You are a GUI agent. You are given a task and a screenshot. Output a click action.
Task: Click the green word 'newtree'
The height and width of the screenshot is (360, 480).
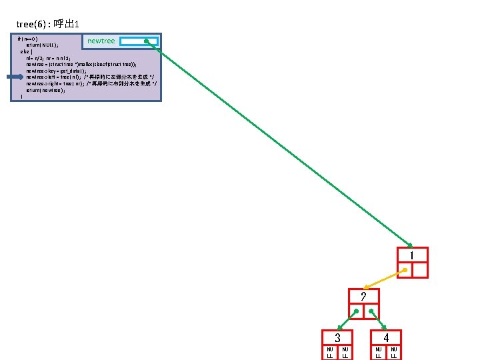click(101, 41)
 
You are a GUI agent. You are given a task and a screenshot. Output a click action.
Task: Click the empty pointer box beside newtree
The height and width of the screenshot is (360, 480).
click(139, 41)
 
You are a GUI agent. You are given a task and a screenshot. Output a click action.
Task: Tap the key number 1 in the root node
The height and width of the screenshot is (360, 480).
click(412, 255)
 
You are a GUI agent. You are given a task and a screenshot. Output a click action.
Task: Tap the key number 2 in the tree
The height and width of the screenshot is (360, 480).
click(363, 297)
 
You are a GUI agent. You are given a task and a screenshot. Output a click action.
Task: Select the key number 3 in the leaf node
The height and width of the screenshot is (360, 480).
click(337, 338)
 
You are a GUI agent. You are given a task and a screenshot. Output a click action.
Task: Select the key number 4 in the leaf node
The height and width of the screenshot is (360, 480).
click(386, 338)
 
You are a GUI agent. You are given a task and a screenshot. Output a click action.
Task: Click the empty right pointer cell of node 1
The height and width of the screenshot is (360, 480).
click(419, 269)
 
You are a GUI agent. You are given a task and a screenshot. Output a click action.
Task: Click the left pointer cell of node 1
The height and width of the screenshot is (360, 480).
click(404, 269)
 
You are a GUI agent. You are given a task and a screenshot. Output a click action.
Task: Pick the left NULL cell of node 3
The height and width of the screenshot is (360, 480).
click(329, 352)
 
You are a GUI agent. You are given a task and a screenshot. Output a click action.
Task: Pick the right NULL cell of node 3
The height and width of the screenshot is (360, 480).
click(345, 352)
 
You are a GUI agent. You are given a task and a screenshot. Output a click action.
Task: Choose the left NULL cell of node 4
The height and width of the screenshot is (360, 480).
click(378, 352)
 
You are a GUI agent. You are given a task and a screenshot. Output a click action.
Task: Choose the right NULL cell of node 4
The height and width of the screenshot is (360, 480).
click(394, 352)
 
